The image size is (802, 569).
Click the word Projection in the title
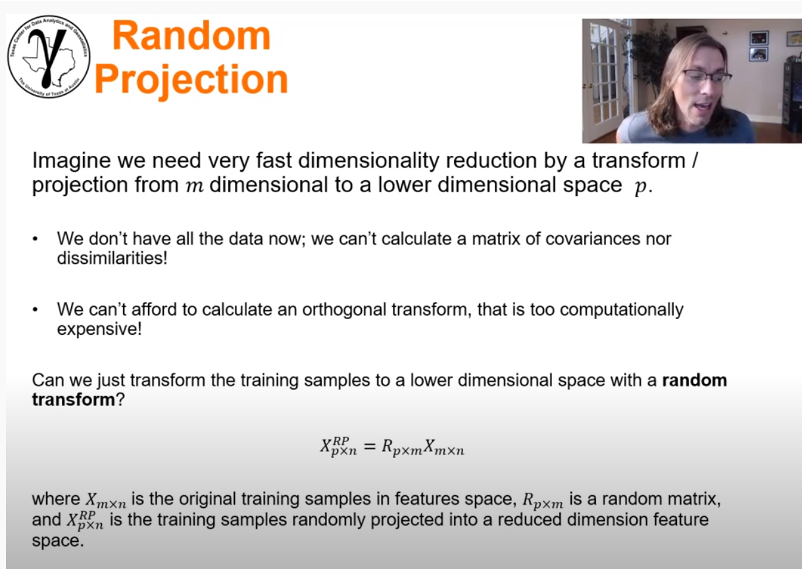pos(191,80)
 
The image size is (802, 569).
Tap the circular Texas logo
pos(49,57)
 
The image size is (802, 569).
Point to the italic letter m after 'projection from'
pos(195,186)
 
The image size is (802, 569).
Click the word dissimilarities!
pos(113,257)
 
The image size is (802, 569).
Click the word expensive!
pos(99,328)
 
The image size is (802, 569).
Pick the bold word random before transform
pos(694,380)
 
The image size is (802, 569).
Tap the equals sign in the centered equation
pos(368,447)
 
